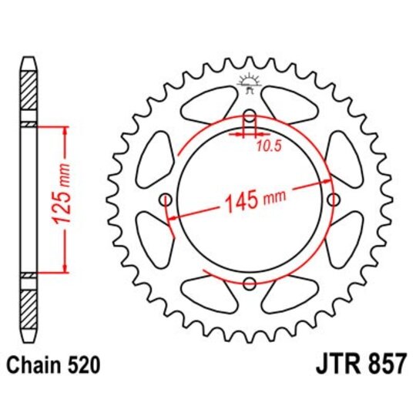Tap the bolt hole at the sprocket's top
click(250, 117)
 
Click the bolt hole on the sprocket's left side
click(166, 200)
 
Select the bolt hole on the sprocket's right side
click(333, 200)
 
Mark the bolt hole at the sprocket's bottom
click(250, 283)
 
